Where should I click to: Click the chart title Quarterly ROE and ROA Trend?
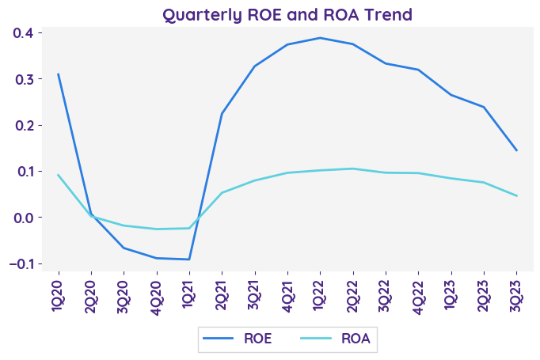287,14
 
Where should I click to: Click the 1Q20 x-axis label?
58,294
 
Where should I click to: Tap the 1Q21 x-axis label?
188,294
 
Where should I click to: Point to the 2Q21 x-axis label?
222,294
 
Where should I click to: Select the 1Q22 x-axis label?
320,294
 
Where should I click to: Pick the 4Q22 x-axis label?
418,294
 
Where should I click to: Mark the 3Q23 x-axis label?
516,294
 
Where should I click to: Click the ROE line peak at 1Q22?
320,38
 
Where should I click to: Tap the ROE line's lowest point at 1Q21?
188,260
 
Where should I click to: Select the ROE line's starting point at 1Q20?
58,74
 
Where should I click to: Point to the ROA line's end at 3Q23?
516,195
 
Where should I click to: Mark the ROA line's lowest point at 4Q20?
156,229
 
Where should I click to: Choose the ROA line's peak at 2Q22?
352,169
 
